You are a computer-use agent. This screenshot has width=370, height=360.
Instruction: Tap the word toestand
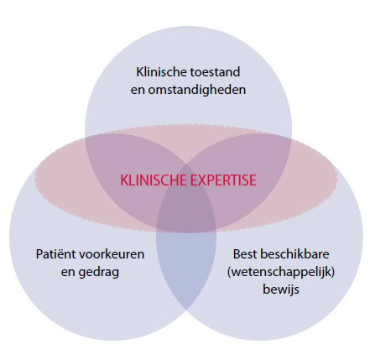coord(215,72)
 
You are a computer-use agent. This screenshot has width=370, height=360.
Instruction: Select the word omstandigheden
coord(197,90)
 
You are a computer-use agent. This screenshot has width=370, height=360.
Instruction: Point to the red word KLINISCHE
coord(154,180)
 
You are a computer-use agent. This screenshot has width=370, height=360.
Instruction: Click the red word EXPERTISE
coord(223,180)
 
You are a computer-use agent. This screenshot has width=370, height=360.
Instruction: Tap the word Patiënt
coord(56,254)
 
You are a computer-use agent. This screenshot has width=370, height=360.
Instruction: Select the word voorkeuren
coord(112,254)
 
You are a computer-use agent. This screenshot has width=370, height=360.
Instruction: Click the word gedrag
coord(98,273)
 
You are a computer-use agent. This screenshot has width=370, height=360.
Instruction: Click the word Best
coord(245,254)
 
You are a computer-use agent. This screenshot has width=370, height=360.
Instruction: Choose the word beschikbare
coord(294,254)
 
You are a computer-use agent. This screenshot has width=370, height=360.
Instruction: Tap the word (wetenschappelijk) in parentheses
coord(281,272)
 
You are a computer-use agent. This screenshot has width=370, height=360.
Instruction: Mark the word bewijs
coord(281,290)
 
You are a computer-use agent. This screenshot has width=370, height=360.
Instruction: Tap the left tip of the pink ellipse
coord(35,179)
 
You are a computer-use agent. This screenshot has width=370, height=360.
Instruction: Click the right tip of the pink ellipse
coord(337,179)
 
